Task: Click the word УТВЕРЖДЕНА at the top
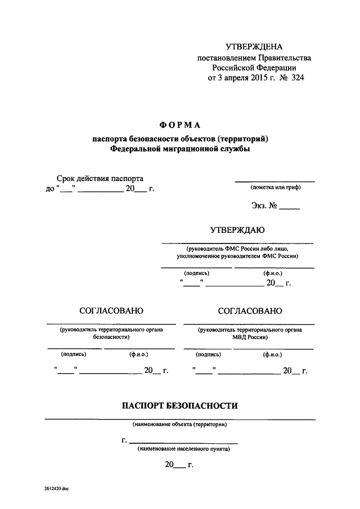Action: (x=254, y=47)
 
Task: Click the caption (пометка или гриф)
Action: (x=276, y=187)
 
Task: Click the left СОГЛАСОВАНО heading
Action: (x=111, y=311)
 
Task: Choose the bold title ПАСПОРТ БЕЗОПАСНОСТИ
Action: (x=180, y=406)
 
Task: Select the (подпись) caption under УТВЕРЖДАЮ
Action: (x=196, y=273)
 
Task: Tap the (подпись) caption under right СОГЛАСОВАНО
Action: (x=208, y=355)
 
